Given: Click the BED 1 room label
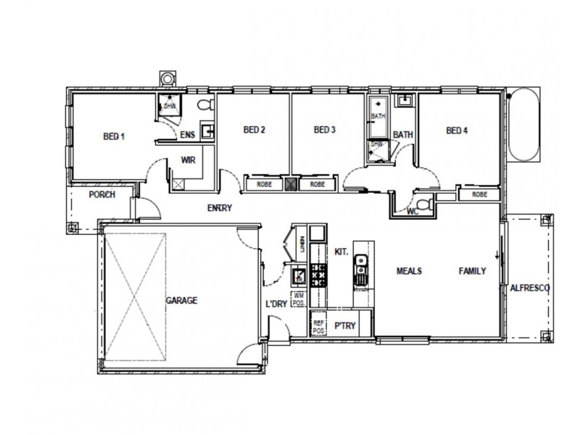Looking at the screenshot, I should coord(114,136).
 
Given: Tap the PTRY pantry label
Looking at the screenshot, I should coord(344,326).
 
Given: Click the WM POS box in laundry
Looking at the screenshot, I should coord(298,297).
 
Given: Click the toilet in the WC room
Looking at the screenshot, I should coord(426,204).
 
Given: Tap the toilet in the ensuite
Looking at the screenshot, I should coord(204,106).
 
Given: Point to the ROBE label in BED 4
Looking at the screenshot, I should coord(478,194).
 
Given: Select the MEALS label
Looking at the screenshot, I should coord(409,271).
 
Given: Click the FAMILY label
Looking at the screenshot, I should coord(471,271).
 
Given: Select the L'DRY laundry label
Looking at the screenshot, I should coord(277,304).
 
